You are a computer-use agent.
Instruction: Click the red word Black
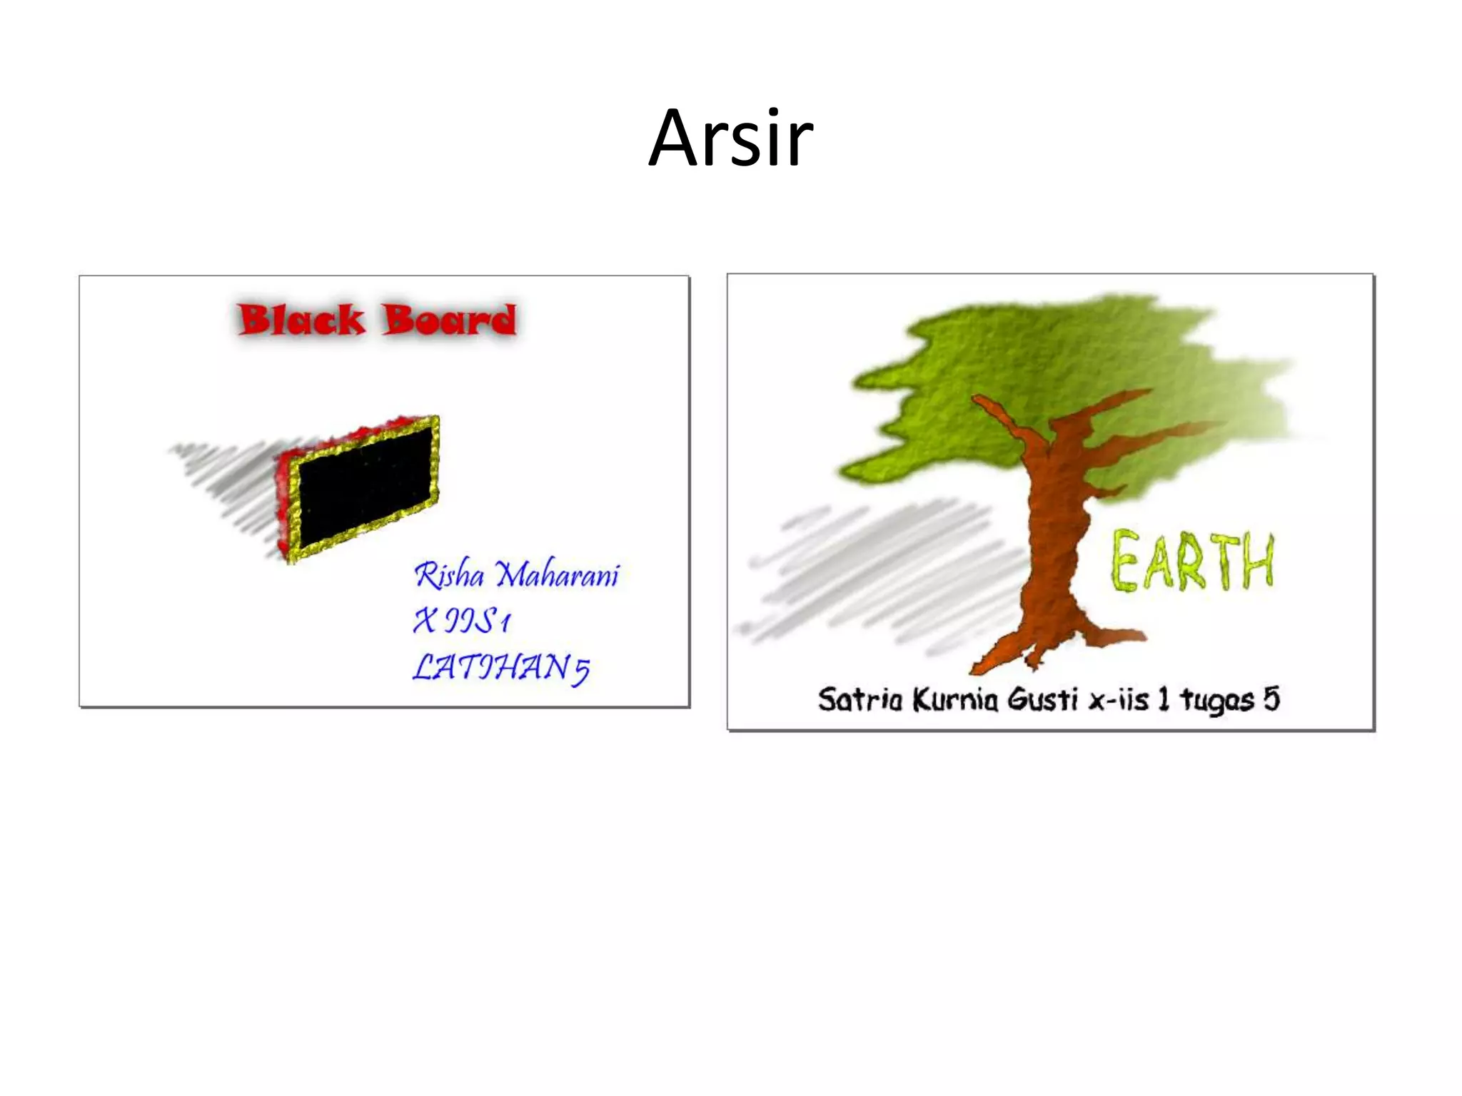301,320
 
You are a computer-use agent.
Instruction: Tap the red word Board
448,320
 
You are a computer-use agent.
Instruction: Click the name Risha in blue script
449,575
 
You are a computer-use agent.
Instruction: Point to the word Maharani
558,575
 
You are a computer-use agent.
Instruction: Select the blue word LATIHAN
491,667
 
